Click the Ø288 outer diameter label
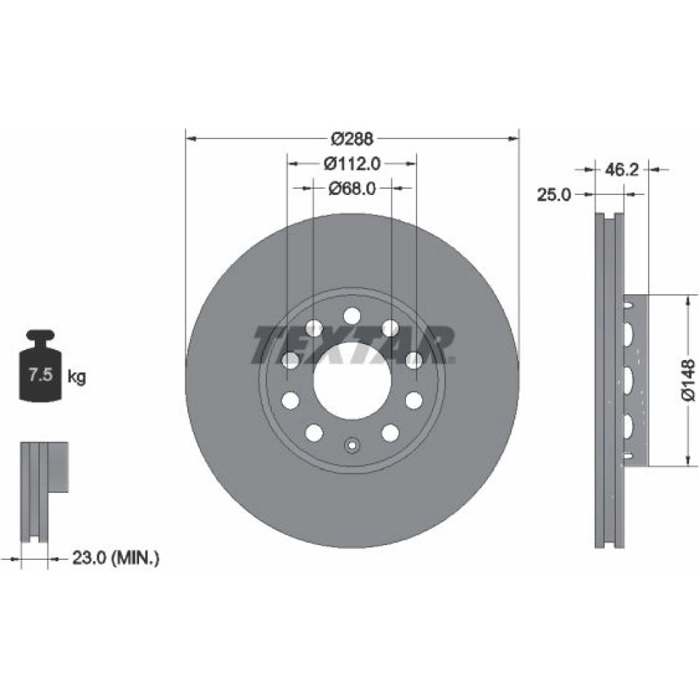pos(352,139)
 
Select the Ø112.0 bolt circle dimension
pos(352,164)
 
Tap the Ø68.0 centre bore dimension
pos(352,189)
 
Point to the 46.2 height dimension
pos(622,169)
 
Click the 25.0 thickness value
pos(554,195)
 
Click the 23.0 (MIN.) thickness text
pos(115,558)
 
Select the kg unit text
pos(76,377)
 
